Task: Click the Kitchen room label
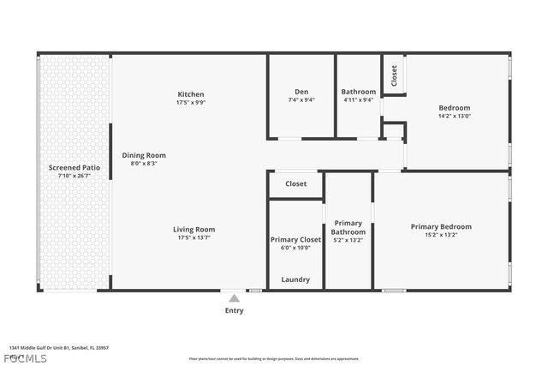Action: click(x=191, y=94)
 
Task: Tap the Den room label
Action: click(x=301, y=92)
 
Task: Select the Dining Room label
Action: click(x=144, y=155)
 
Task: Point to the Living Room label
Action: click(x=194, y=229)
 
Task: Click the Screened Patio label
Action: click(x=74, y=168)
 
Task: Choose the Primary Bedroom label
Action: click(x=441, y=227)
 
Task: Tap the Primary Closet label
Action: click(x=295, y=240)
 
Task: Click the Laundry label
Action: click(x=295, y=279)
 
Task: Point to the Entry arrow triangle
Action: click(x=234, y=297)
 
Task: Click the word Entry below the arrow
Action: click(x=234, y=310)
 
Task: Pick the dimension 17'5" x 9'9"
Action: click(x=191, y=102)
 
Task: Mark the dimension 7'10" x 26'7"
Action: click(x=74, y=176)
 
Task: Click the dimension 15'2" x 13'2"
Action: click(x=441, y=235)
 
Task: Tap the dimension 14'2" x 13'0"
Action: click(x=454, y=116)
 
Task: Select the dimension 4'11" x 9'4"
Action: click(x=358, y=99)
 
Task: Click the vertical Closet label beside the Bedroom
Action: click(x=394, y=75)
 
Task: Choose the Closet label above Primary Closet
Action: click(x=296, y=183)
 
